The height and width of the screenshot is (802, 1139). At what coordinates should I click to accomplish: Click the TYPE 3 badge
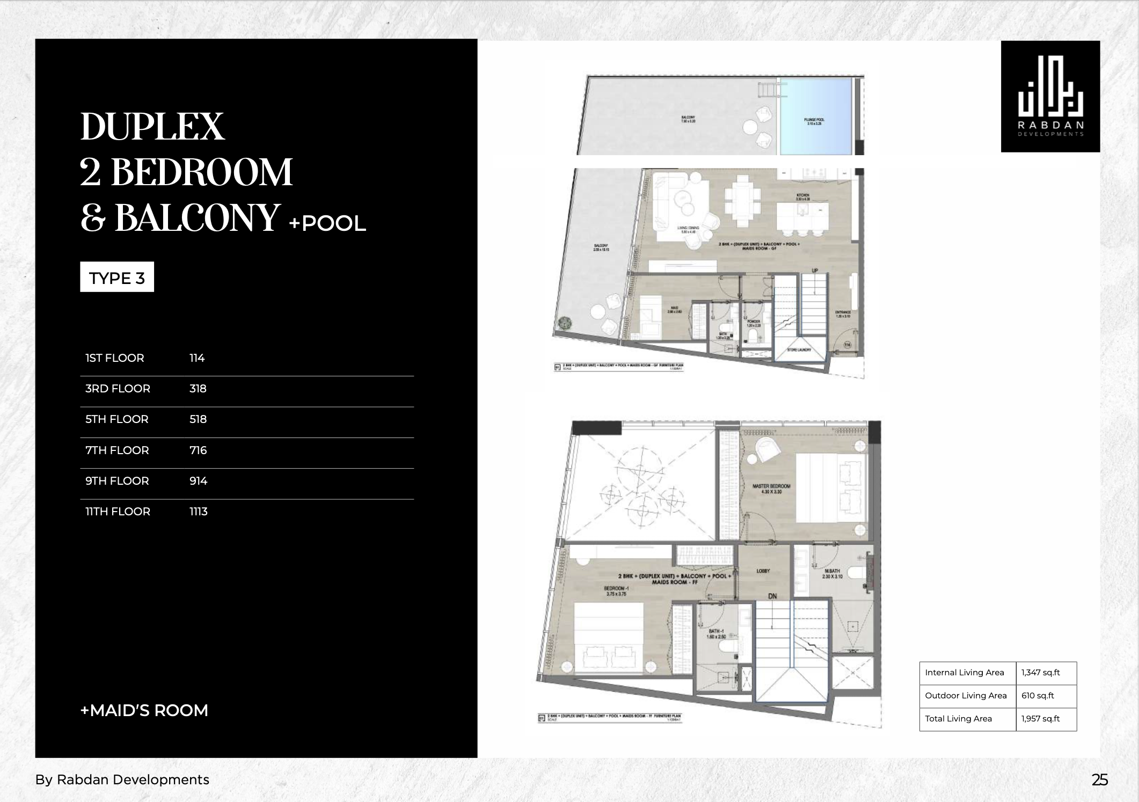(117, 278)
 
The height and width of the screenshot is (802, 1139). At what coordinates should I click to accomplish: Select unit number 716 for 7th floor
(198, 450)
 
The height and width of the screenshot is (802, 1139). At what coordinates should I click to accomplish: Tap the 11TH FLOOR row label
(118, 512)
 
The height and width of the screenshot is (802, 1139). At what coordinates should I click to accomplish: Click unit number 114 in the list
(197, 358)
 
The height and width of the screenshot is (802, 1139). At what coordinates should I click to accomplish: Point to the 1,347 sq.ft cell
(1040, 673)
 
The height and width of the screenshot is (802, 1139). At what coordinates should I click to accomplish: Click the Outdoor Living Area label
(966, 696)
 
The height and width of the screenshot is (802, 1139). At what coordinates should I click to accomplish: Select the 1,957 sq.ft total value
(1040, 719)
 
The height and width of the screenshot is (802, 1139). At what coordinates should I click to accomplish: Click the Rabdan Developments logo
(1050, 97)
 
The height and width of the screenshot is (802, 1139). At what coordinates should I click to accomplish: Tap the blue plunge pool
(815, 116)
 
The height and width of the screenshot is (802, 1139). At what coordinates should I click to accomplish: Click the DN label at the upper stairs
(772, 596)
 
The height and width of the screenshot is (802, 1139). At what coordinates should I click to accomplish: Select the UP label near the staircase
(814, 271)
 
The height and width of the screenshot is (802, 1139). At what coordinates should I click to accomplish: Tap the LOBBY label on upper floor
(763, 571)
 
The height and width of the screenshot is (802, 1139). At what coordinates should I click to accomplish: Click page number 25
(1099, 780)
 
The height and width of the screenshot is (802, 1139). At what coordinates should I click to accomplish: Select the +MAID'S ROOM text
(144, 710)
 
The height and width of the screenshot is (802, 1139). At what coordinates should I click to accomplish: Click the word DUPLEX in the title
(152, 127)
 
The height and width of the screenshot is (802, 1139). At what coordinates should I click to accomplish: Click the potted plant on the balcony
(565, 323)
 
